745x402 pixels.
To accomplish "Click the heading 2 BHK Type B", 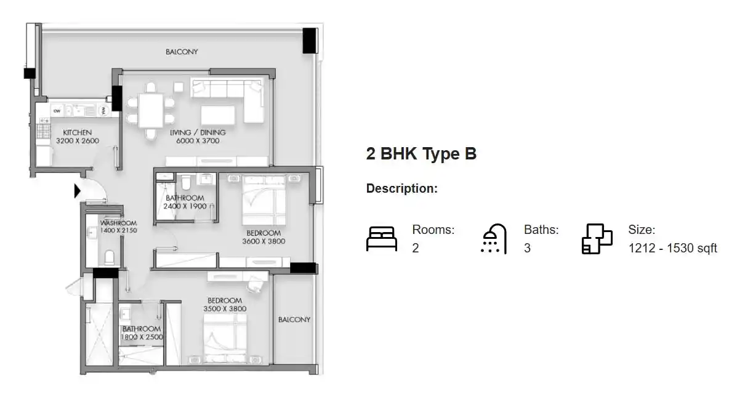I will click(x=421, y=154).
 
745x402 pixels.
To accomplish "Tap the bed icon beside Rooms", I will click(x=382, y=239).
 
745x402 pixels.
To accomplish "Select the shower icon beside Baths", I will click(x=493, y=239).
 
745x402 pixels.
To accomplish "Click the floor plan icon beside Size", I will click(x=597, y=239).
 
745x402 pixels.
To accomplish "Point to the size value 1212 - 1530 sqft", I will click(x=672, y=249).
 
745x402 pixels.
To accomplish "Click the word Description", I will click(x=401, y=188).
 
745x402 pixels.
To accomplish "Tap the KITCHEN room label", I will click(x=78, y=132).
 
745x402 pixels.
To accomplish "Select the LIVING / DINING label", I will click(x=198, y=132).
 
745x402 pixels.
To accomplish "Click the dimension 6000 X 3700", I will click(x=198, y=141).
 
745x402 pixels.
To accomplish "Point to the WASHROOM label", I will click(x=119, y=223).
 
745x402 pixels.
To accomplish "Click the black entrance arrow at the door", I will click(x=77, y=191).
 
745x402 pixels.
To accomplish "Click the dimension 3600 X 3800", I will click(x=264, y=241).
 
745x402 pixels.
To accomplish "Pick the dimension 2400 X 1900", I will click(x=185, y=206).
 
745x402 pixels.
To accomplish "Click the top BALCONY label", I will click(x=182, y=52).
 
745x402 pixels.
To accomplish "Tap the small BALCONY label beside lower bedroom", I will click(x=294, y=320).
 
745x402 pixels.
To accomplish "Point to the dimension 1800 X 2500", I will click(x=142, y=337).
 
